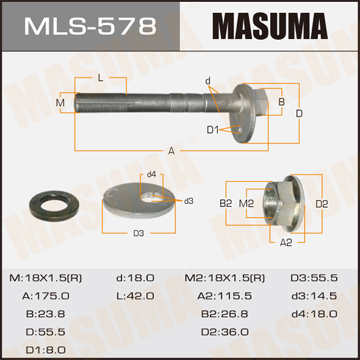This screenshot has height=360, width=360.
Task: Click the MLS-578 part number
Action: pos(90,26)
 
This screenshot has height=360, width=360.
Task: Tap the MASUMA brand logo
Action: pos(270,26)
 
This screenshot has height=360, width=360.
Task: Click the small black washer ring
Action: pos(53,204)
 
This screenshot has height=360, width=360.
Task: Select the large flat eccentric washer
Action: pos(139,200)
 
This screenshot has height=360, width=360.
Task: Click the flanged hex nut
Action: pos(283,204)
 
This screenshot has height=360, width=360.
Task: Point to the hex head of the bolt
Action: pos(262,103)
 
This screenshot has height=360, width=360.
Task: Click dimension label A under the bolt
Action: pos(171,151)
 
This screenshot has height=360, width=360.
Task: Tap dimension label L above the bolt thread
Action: pos(101,79)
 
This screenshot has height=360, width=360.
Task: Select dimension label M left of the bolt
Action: pos(60,103)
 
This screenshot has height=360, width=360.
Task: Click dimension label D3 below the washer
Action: pos(139,233)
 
